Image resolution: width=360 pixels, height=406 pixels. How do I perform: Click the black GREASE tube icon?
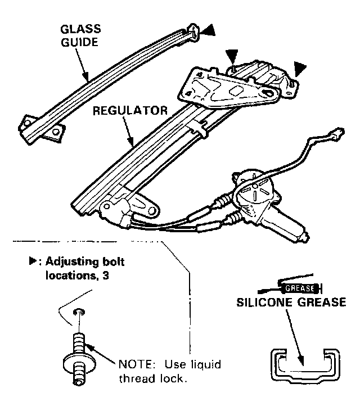[x=303, y=289]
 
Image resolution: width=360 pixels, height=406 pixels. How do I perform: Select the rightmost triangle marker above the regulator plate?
[x=300, y=70]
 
